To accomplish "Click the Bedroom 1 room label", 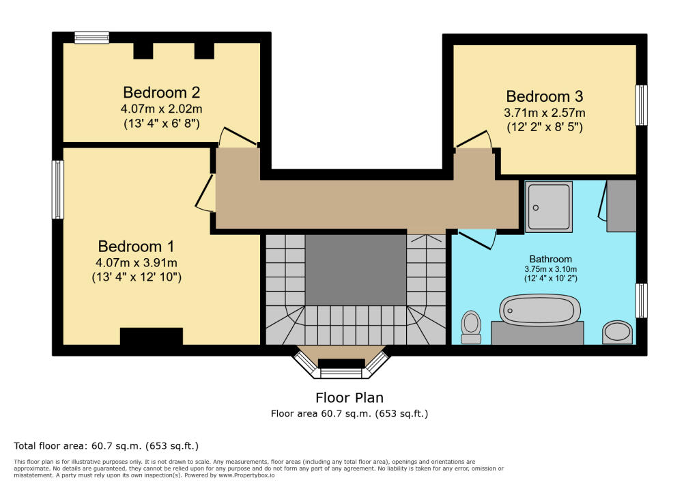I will pos(136,247).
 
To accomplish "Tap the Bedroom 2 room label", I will pos(161,92).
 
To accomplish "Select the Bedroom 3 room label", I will pos(544,96).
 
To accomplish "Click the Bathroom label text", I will pos(550,259).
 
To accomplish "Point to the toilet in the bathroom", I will pos(471,326).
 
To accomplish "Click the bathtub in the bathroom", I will pos(541,310).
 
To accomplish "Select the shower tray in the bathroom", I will pos(550,206).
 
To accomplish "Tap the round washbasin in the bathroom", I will pos(618,332).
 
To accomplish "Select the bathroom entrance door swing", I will pos(478,240).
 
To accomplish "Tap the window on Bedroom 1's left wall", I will pos(58,189).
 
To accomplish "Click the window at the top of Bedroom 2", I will pos(91,38).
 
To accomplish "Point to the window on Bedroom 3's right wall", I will pos(641,104).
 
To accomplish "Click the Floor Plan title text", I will pos(349,397).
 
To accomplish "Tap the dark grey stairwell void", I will pos(355,269).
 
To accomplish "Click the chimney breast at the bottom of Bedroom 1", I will pos(151,337).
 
